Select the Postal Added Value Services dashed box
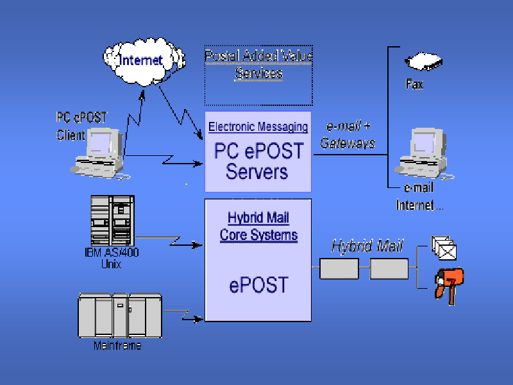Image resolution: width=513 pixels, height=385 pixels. [258, 75]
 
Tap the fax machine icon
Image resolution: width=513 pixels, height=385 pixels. [424, 62]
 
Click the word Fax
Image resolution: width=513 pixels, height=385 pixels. [415, 83]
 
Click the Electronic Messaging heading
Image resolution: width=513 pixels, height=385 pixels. [258, 127]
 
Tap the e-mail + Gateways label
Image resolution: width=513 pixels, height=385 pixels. [348, 135]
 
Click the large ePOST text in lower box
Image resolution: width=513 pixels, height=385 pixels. [257, 284]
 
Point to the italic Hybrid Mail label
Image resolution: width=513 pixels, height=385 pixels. [367, 246]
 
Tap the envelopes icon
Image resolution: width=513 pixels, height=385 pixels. [444, 247]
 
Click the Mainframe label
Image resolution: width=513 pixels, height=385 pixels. [117, 346]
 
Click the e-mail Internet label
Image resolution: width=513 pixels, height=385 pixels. [419, 196]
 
